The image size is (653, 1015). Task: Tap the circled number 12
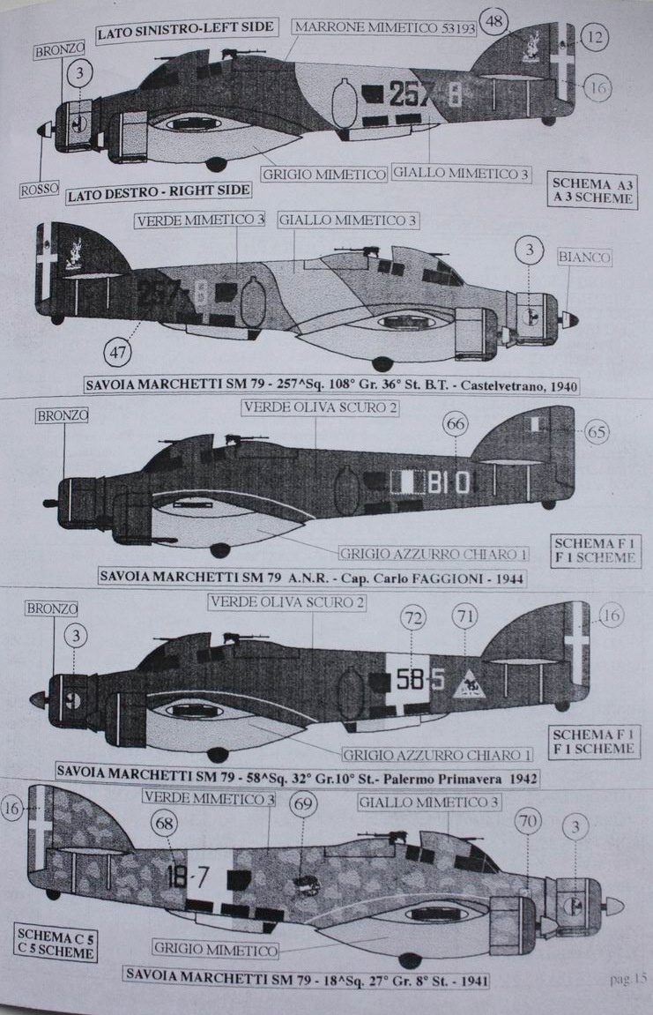coord(596,37)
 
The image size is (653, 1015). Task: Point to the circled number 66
coord(455,425)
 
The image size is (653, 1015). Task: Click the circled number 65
coord(597,432)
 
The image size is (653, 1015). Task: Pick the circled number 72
coord(413,616)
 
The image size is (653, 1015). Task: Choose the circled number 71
coord(465,616)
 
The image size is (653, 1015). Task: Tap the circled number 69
coord(303,804)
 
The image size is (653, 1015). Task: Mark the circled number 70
coord(527,823)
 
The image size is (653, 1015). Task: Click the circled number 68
coord(165,823)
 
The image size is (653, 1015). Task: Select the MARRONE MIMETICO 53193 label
coord(385,27)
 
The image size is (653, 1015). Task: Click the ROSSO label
coord(38,188)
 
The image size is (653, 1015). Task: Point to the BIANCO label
coord(584,257)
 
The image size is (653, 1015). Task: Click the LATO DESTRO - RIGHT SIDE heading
coord(159,192)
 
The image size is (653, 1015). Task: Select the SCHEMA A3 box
coord(594,190)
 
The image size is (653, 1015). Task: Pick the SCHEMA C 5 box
coord(55,941)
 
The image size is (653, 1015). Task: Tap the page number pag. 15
coord(627,977)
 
